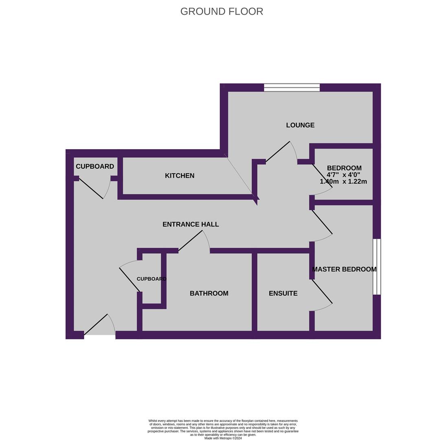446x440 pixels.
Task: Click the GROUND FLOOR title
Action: (222, 11)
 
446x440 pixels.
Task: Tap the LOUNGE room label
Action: (300, 125)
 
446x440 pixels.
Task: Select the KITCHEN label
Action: (179, 176)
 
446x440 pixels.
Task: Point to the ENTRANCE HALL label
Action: (190, 224)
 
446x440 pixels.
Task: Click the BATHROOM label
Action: (209, 293)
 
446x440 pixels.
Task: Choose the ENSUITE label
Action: (283, 293)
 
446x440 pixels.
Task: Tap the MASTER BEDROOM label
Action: (344, 269)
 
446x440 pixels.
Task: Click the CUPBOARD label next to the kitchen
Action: (95, 166)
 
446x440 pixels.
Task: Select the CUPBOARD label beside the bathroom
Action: (151, 279)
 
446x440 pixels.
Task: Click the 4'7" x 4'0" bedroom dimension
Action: (343, 175)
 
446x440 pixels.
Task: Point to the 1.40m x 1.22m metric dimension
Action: (343, 182)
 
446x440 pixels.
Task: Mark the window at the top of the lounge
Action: (292, 87)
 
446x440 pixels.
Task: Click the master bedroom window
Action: (377, 266)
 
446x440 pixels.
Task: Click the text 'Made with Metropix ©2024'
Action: (223, 438)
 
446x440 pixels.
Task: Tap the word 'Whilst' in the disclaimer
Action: (153, 421)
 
